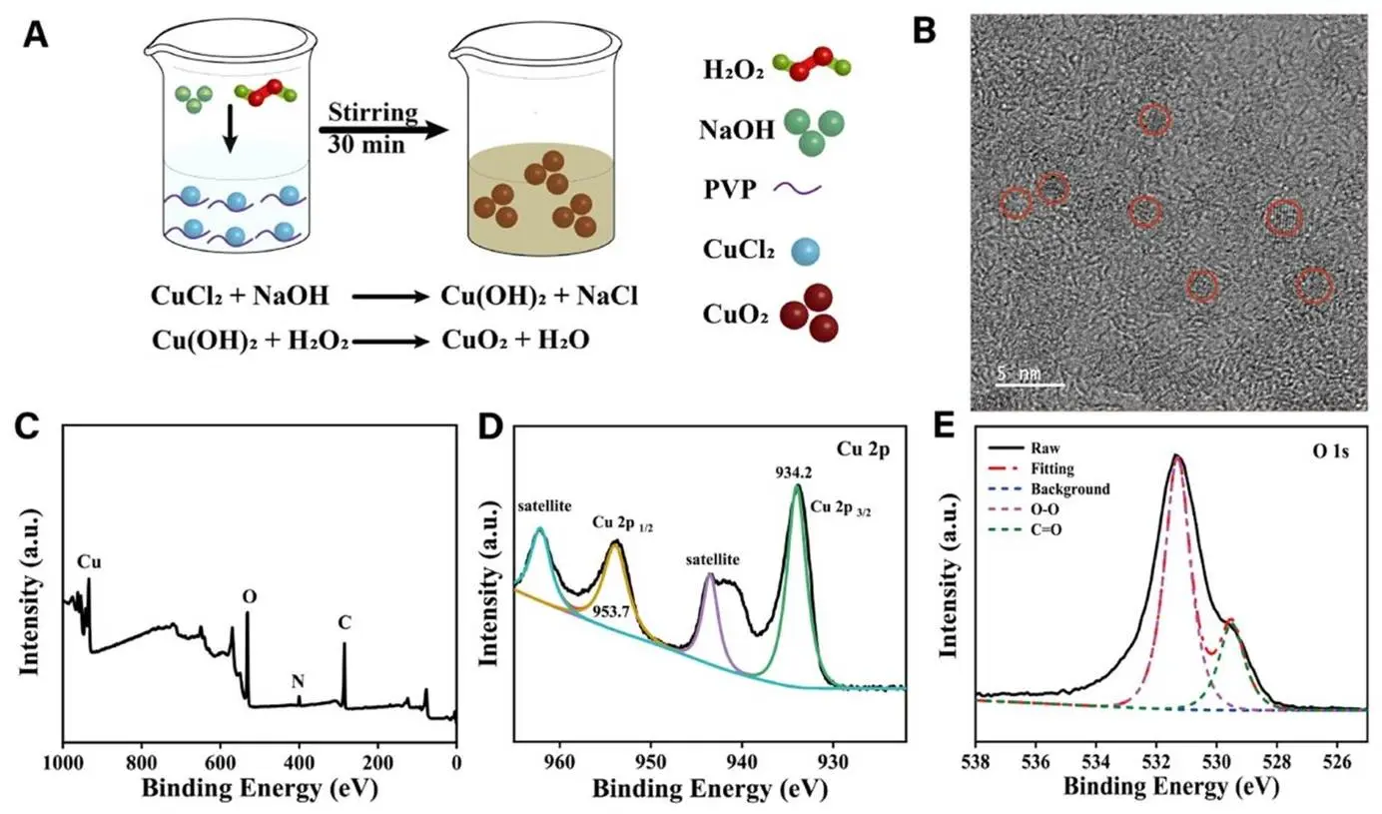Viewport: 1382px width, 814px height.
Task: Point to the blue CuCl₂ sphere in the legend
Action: coord(801,251)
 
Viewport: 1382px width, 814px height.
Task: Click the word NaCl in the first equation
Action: coord(604,296)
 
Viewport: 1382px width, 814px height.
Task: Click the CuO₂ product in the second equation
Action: coord(473,341)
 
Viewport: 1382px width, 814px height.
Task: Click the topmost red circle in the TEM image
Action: coord(1154,120)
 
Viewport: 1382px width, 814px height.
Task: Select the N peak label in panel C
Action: coord(298,681)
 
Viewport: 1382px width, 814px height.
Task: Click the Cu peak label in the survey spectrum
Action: coord(90,561)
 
